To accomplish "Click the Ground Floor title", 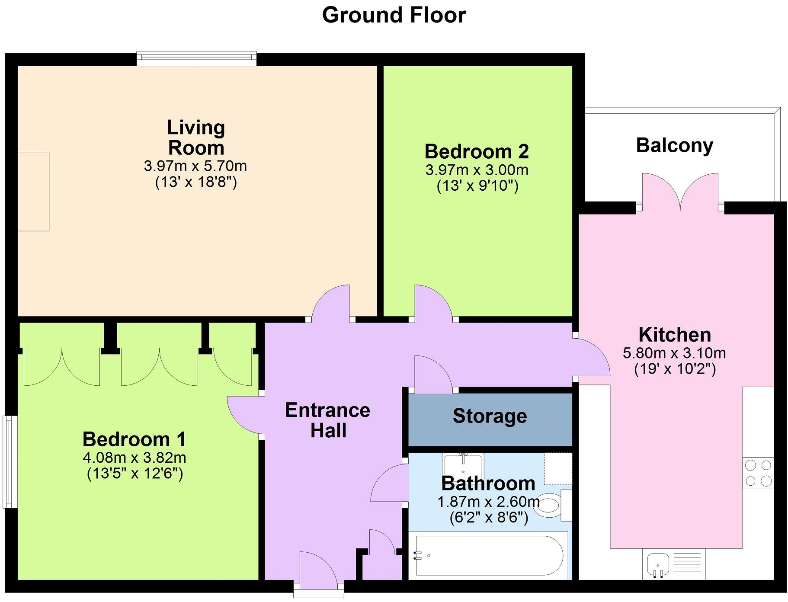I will click(x=394, y=15).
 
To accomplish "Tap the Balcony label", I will click(x=674, y=145).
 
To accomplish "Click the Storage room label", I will click(x=490, y=416).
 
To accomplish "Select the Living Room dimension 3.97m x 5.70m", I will click(x=195, y=166).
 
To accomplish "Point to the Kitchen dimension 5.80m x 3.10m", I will click(x=674, y=353).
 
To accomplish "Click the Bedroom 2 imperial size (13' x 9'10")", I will click(x=477, y=186).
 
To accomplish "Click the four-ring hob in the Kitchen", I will click(x=758, y=473).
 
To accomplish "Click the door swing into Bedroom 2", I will click(x=432, y=303).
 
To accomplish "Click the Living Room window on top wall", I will click(x=196, y=58).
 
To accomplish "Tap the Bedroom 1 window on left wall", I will click(x=10, y=461).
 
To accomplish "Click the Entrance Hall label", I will click(x=328, y=420).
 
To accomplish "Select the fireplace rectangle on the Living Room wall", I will click(x=33, y=191).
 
